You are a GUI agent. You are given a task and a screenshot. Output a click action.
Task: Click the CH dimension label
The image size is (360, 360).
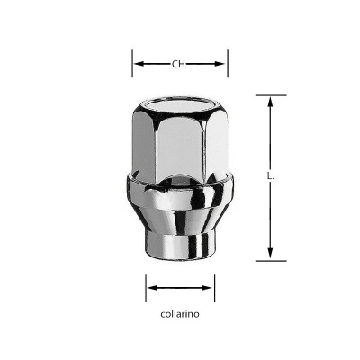point(179,64)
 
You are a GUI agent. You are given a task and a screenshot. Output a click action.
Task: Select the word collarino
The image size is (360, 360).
point(180,315)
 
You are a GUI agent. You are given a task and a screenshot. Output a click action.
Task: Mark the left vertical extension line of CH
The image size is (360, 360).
point(133,64)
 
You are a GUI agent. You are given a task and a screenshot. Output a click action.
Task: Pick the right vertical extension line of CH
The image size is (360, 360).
point(227,64)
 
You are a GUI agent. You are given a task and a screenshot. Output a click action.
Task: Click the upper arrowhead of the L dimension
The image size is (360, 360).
point(270,102)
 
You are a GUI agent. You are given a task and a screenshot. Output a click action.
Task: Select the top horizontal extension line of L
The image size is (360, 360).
point(270,95)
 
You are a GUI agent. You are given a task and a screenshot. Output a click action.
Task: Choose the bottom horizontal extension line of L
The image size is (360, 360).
point(270,261)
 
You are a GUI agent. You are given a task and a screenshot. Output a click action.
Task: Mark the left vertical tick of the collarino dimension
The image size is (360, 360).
point(146,288)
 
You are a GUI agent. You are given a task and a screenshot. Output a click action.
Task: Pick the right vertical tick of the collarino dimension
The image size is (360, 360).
point(214,288)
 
